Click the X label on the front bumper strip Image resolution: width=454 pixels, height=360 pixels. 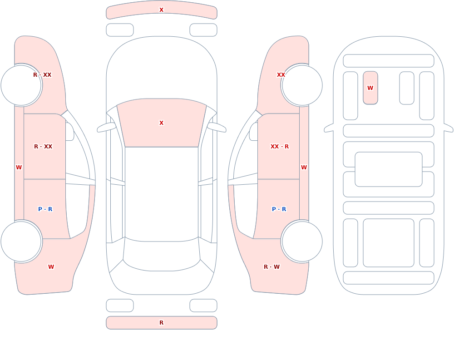[162, 10]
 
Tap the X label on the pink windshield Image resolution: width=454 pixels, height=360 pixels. [162, 123]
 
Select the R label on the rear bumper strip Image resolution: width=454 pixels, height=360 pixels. [162, 323]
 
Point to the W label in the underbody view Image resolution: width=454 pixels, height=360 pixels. [370, 88]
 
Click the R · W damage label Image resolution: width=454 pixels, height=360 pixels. [271, 267]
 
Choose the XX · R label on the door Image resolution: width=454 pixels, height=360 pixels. [279, 147]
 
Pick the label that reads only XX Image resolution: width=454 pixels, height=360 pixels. [281, 75]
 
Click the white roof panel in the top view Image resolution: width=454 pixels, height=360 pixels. [162, 193]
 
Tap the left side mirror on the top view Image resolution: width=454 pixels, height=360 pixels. [106, 128]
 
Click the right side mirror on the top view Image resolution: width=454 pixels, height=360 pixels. [217, 128]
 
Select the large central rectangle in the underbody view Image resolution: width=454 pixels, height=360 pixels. [389, 169]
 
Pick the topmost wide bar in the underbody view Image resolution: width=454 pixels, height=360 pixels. [389, 61]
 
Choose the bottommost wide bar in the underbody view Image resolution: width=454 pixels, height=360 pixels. [389, 278]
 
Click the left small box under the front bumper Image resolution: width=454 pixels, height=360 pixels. [120, 30]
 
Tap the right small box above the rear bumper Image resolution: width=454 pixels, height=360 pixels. [203, 306]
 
